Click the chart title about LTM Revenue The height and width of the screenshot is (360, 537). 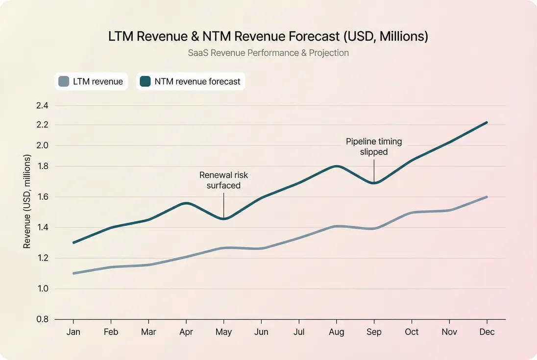tap(268, 37)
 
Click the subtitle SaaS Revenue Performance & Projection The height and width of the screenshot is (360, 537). tap(268, 53)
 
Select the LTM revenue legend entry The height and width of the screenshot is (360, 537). tap(91, 81)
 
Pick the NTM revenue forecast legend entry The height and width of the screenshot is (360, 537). tap(191, 81)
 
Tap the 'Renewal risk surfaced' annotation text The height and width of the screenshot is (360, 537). tap(223, 180)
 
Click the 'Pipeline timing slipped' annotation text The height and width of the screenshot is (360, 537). tap(374, 146)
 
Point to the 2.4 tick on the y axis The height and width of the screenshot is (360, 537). tap(42, 105)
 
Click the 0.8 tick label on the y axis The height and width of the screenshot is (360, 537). tap(42, 319)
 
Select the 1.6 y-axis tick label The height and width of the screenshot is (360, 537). tap(42, 197)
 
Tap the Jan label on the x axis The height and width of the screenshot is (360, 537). tap(73, 332)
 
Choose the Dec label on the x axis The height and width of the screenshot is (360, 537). tap(487, 332)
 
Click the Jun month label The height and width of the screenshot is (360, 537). tap(261, 332)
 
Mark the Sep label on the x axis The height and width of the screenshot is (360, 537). tap(374, 332)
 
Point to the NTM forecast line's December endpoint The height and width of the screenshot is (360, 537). tap(486, 122)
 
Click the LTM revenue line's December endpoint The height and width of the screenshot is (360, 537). tap(486, 197)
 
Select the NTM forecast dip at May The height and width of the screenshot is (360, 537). tap(223, 218)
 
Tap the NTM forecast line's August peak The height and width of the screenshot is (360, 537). tap(336, 166)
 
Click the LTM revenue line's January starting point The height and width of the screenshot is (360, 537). tap(73, 273)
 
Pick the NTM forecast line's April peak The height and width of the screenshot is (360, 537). tap(186, 203)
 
